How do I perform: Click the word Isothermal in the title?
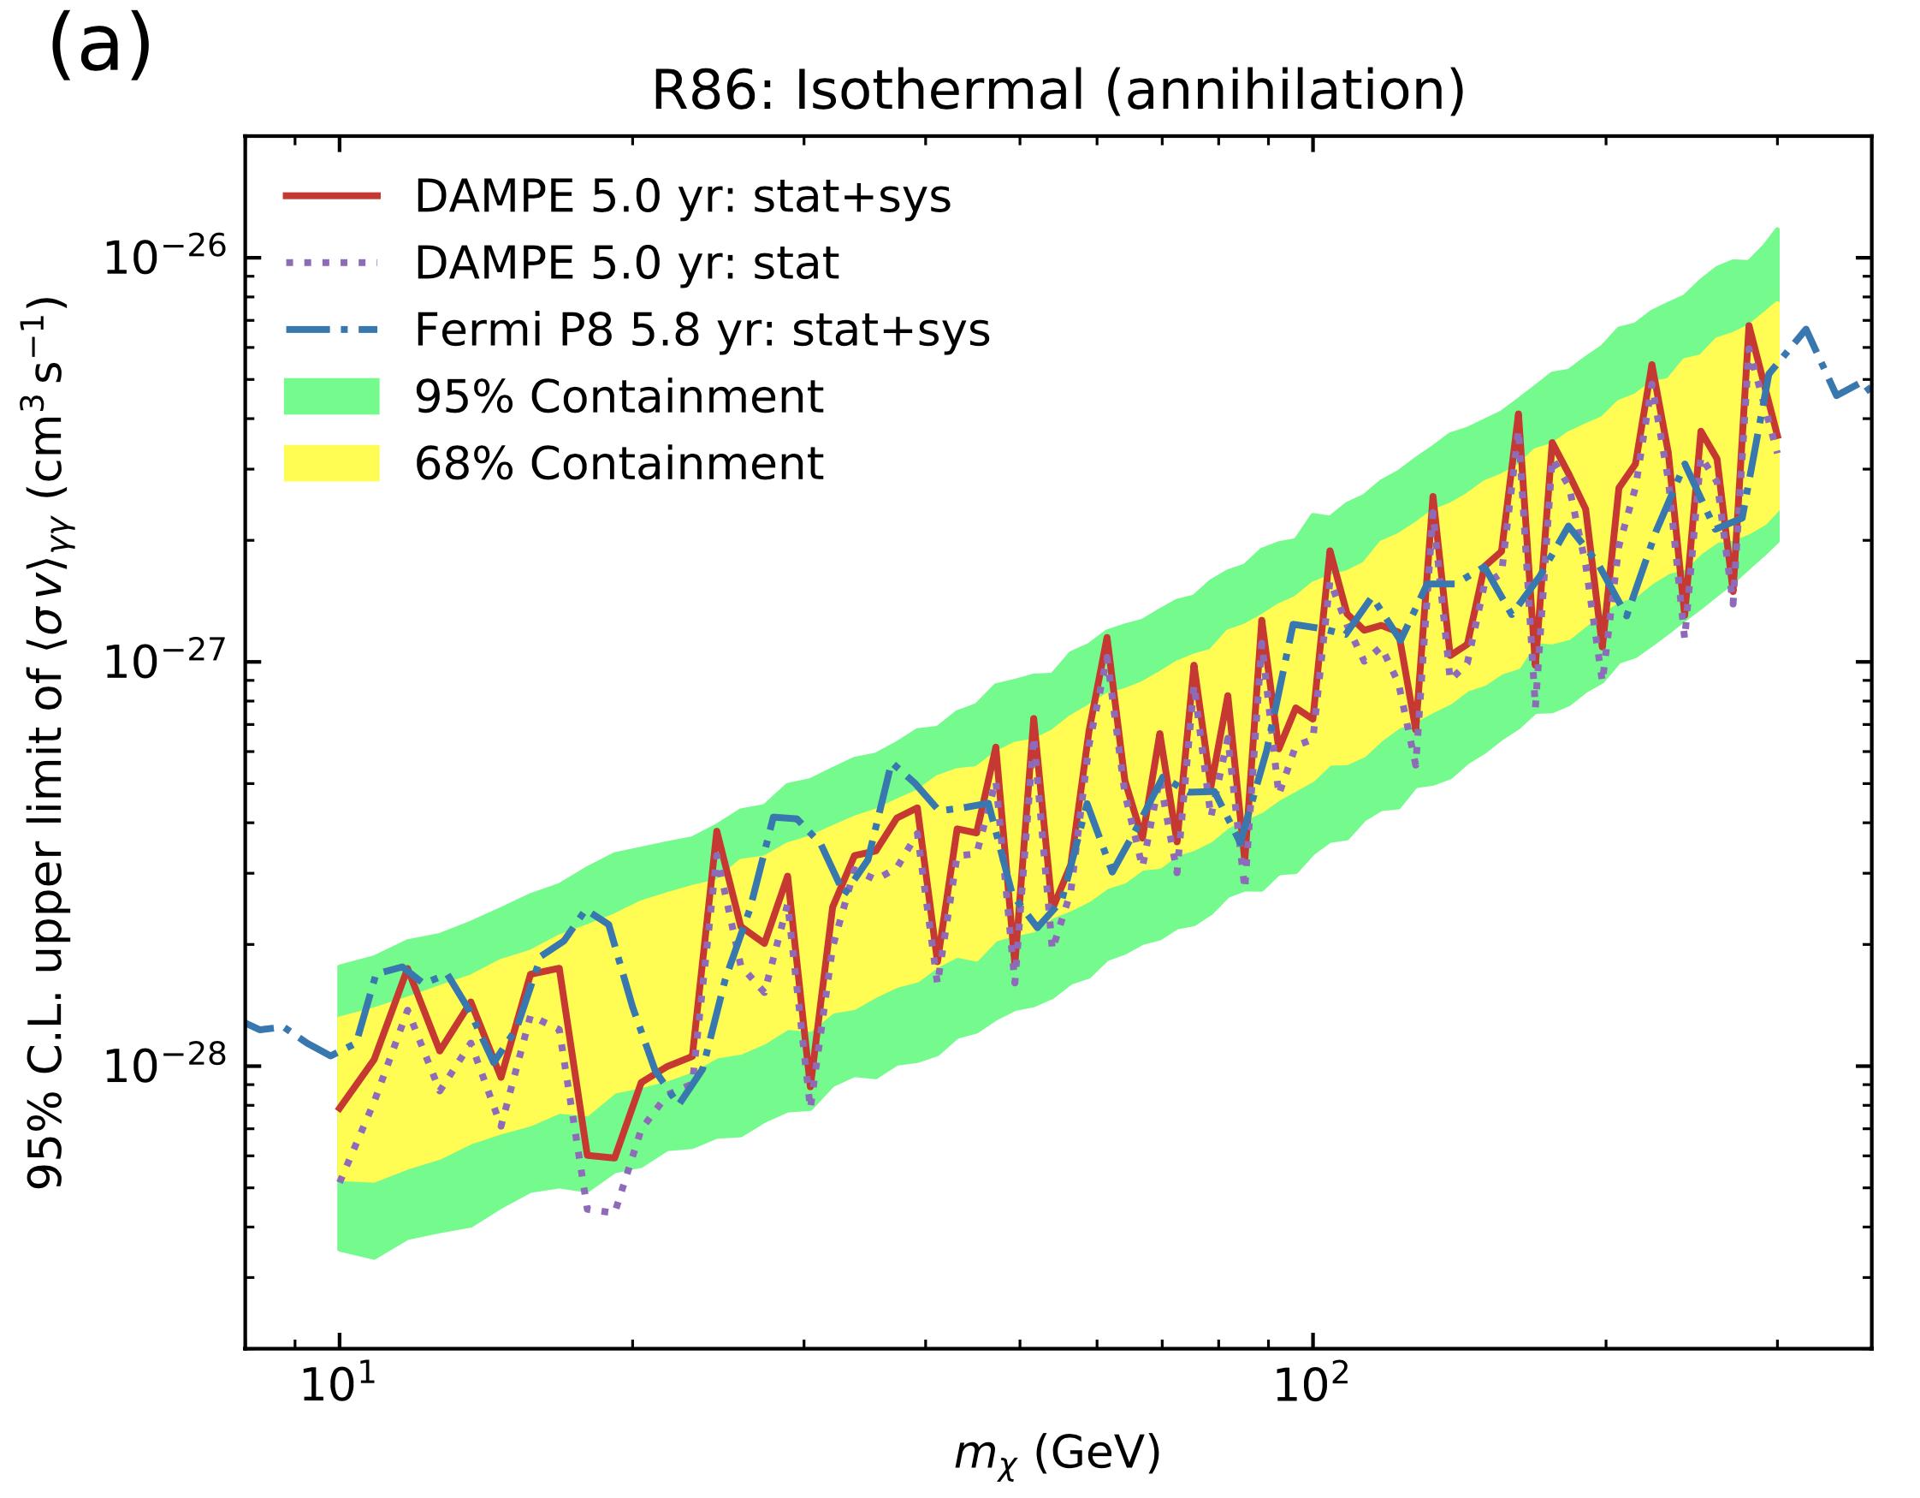[x=940, y=92]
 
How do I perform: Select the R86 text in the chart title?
[x=712, y=92]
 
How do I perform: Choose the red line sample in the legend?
[x=331, y=196]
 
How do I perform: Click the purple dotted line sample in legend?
[x=331, y=263]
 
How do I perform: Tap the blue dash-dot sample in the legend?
[x=331, y=330]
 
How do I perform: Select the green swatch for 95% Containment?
[x=331, y=396]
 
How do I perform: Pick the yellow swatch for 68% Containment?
[x=331, y=464]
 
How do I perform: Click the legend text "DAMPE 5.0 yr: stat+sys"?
[x=682, y=196]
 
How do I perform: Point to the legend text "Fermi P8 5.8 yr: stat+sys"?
[x=702, y=330]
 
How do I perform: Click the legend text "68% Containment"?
[x=619, y=464]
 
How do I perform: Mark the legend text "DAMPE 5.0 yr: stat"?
[x=626, y=263]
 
